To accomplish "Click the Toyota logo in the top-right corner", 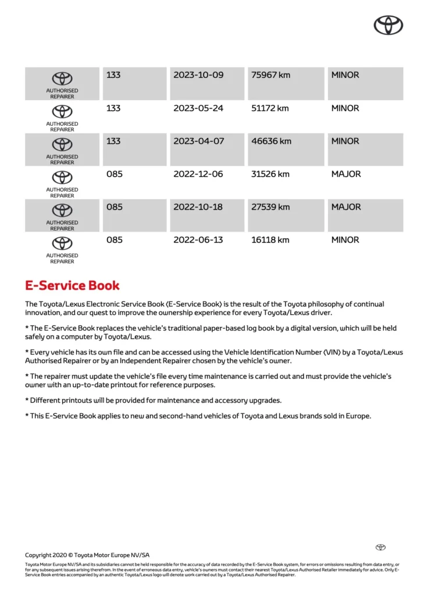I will pos(388,24).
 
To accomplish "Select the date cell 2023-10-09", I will pos(198,75).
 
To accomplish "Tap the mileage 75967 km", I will pos(270,75).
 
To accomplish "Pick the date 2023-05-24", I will pos(198,108).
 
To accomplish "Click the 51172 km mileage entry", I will pos(270,108).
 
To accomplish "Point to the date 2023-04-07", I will pos(198,141).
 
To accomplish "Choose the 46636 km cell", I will pos(270,141).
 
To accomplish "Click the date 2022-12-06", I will pos(198,174).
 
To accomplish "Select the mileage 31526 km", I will pos(270,174).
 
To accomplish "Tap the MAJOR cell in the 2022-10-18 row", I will pos(346,207).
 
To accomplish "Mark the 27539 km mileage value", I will pos(270,207).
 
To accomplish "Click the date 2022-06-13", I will pos(198,240).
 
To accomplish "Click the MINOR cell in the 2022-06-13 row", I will pos(345,240).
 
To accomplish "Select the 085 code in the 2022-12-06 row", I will pos(115,174).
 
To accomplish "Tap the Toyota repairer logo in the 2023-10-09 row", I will pos(62,79).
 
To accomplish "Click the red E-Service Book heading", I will pos(72,286).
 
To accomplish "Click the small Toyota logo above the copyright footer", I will pos(380,547).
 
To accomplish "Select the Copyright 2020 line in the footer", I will pos(87,555).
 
